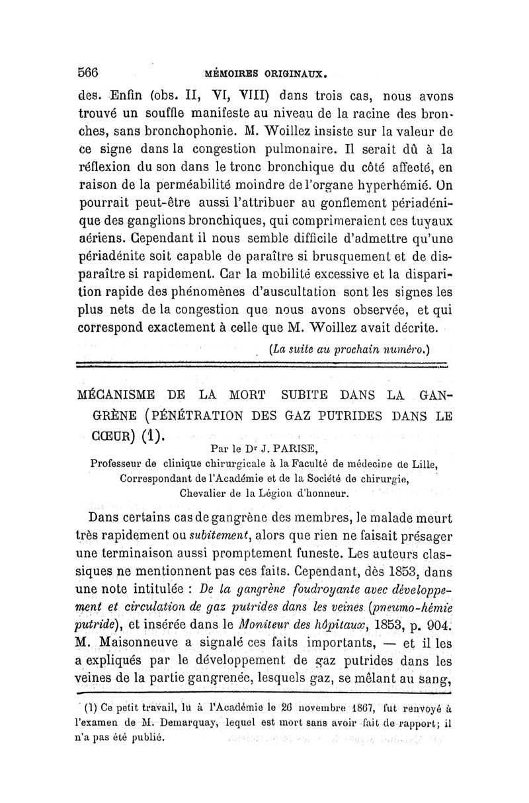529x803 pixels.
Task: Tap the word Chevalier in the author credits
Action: click(203, 492)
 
